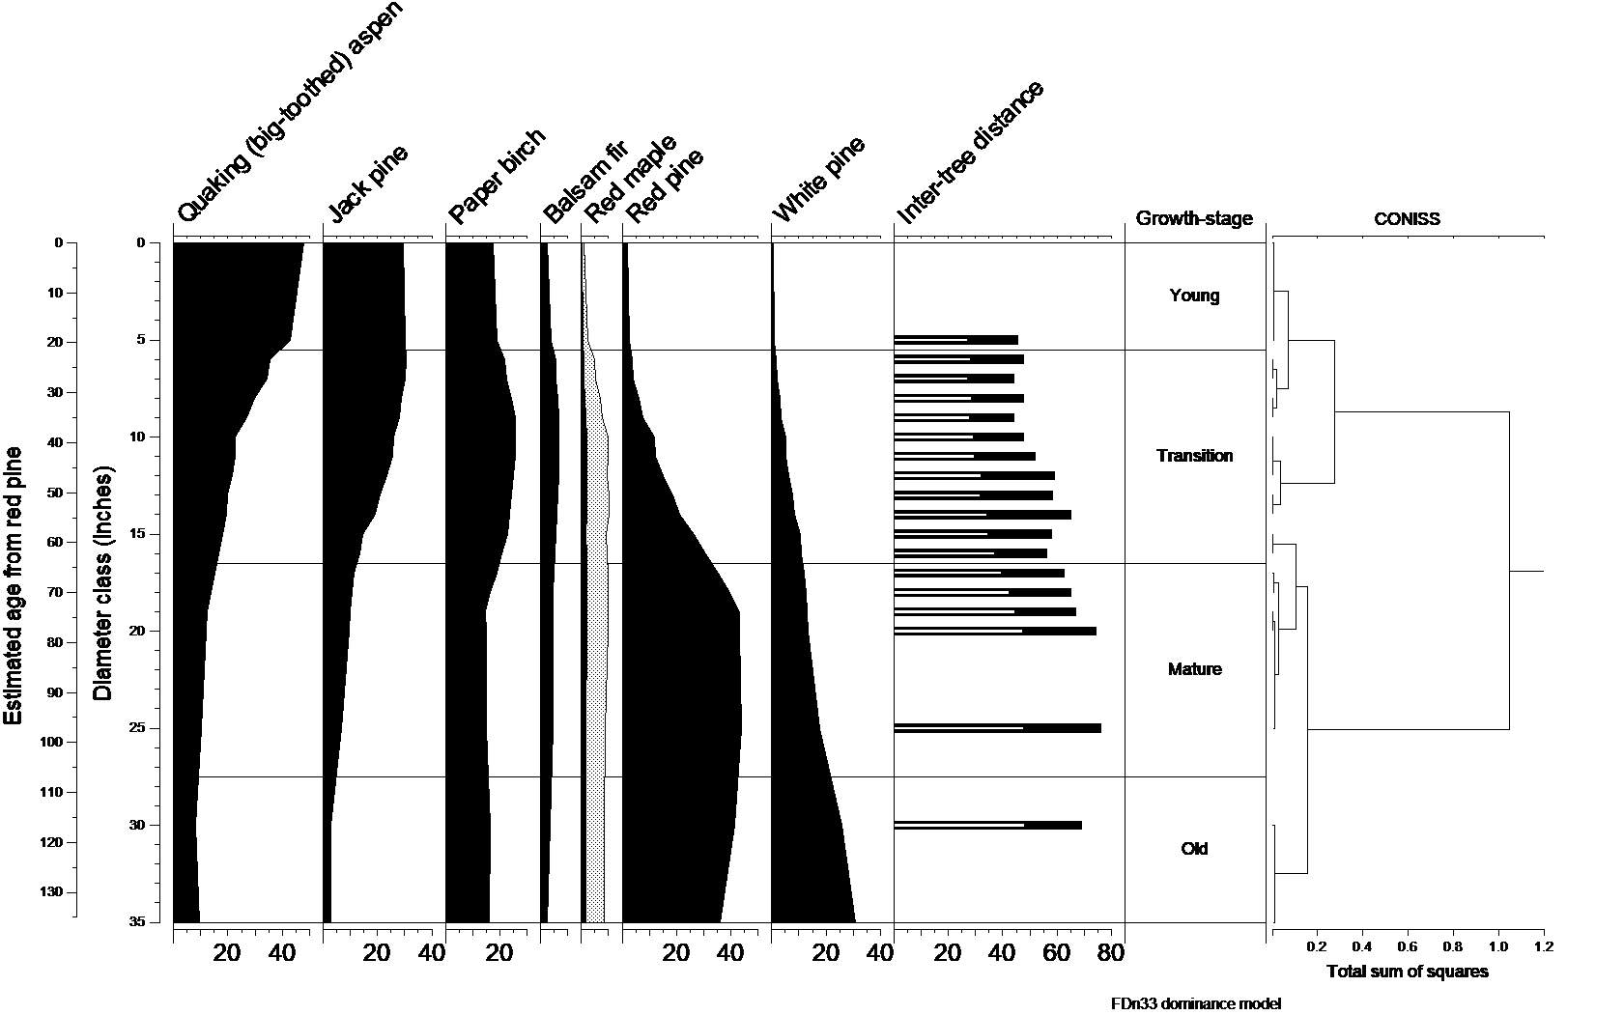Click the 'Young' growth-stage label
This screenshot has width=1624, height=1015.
click(x=1194, y=296)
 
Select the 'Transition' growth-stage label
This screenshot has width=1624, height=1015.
click(x=1194, y=456)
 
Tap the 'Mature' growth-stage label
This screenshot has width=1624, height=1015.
click(x=1194, y=669)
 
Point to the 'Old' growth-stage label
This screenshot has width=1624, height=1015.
click(x=1194, y=849)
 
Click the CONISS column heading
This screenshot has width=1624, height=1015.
click(x=1407, y=219)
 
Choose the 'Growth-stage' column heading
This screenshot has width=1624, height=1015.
click(x=1194, y=219)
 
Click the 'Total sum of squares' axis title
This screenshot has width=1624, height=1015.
click(x=1408, y=972)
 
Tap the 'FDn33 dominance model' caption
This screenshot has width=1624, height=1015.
click(x=1195, y=1004)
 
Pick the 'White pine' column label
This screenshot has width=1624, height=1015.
click(x=818, y=179)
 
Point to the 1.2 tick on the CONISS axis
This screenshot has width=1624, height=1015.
click(x=1543, y=947)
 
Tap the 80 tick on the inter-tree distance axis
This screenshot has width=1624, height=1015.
click(x=1111, y=953)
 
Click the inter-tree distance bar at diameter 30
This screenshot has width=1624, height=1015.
click(x=987, y=825)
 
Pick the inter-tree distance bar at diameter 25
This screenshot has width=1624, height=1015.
click(x=997, y=727)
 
